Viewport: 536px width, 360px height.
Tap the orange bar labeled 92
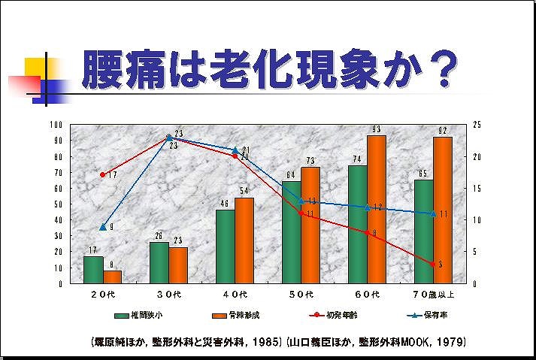tap(442, 210)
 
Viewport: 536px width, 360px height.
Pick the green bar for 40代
tap(226, 247)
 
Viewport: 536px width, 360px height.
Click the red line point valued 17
tap(102, 174)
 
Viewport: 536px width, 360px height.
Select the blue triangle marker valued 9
tap(102, 226)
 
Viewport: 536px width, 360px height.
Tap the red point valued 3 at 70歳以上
tap(433, 264)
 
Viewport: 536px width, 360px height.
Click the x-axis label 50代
tap(301, 293)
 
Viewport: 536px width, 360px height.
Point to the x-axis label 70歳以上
tap(432, 293)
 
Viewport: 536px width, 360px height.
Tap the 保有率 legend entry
tap(422, 316)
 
